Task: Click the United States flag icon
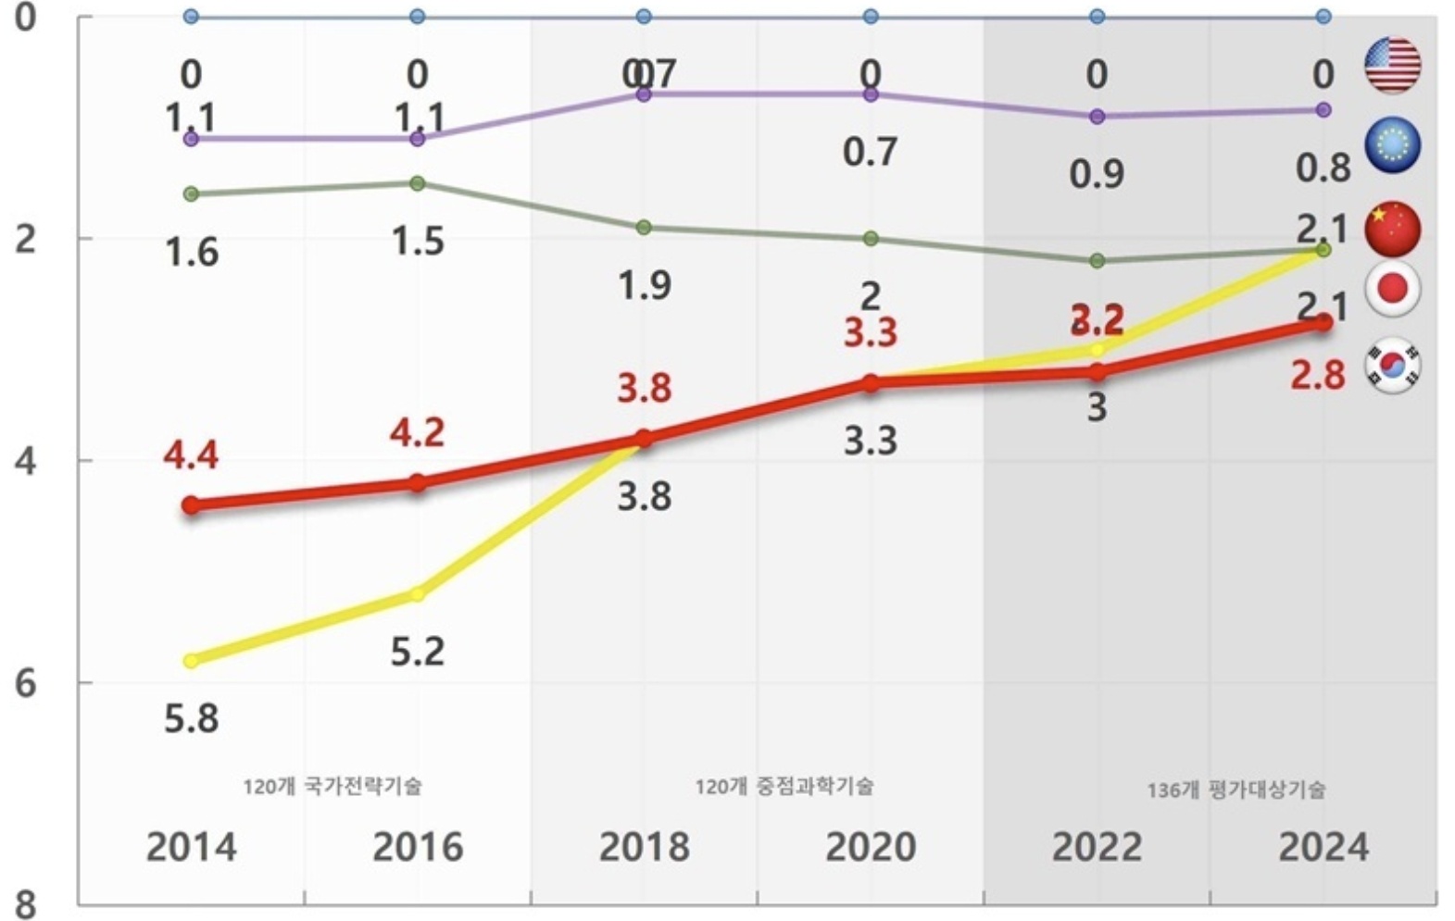(x=1392, y=66)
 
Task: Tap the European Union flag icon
(x=1392, y=144)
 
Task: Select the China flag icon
(x=1392, y=228)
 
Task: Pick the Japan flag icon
(x=1392, y=288)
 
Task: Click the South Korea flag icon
(x=1392, y=366)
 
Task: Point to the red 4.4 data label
(x=191, y=454)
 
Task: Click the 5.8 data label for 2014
(x=192, y=718)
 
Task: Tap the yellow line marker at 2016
(x=418, y=593)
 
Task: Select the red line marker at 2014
(x=191, y=504)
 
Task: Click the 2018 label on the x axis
(x=644, y=847)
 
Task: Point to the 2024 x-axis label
(x=1323, y=847)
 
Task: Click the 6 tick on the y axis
(x=26, y=683)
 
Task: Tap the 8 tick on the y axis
(x=26, y=903)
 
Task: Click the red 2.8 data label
(x=1318, y=376)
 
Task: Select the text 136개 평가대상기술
(x=1235, y=790)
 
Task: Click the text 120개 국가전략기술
(x=332, y=786)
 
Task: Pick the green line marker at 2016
(x=418, y=183)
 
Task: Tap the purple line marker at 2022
(x=1097, y=117)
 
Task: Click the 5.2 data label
(x=417, y=652)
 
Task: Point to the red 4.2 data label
(x=417, y=432)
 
